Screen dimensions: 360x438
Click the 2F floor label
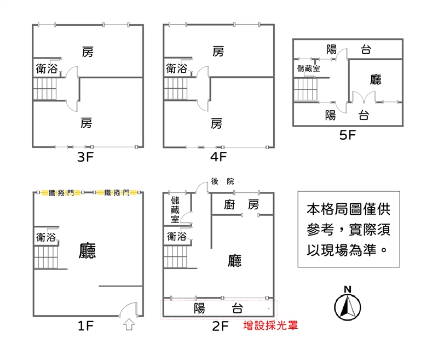coord(220,327)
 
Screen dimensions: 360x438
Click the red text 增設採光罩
coord(270,325)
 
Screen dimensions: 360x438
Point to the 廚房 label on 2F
coord(241,205)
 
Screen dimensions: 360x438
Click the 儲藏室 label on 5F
coord(308,69)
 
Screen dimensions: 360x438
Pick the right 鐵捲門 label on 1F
coord(117,192)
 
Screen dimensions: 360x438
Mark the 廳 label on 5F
coord(376,80)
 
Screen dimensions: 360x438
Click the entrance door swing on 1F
coord(130,310)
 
